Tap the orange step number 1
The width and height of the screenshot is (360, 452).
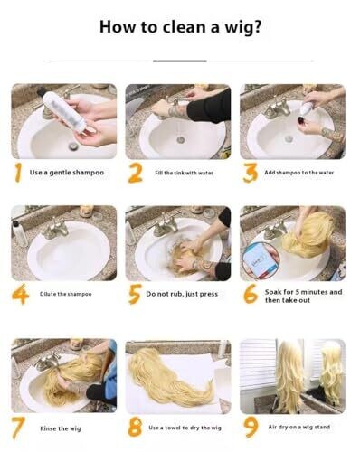[18, 173]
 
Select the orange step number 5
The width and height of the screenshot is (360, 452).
[135, 294]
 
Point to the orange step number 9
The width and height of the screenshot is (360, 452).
[251, 427]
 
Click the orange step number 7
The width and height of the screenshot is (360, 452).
[18, 428]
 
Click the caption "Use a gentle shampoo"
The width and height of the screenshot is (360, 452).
[67, 173]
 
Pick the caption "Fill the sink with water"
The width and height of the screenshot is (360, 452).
[184, 173]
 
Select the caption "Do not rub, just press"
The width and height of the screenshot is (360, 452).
[182, 294]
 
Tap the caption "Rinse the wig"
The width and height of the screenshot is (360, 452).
[61, 428]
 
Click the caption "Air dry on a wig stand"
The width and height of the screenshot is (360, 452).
[299, 427]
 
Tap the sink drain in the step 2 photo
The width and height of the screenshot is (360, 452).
[181, 139]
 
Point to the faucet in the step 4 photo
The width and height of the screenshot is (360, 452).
[56, 230]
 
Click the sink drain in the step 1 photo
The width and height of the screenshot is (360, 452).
[73, 146]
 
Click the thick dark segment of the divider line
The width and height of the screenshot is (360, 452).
[180, 61]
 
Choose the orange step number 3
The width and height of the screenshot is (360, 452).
[251, 173]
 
